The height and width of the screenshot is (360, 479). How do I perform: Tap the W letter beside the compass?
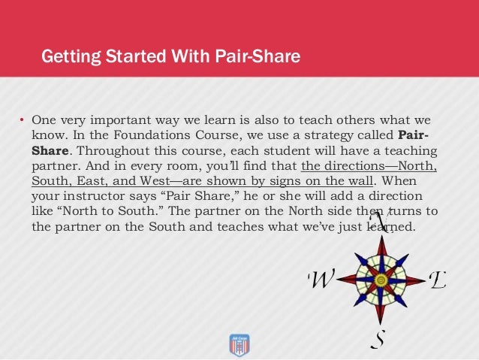tap(321, 280)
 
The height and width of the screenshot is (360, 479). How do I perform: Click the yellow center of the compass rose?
tap(381, 280)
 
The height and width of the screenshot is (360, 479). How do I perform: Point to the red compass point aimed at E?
tap(411, 280)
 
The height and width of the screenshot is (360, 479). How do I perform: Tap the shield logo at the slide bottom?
tap(239, 344)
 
